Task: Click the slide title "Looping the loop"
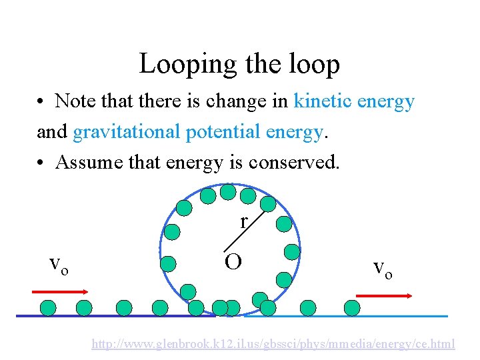click(x=239, y=64)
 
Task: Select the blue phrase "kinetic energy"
click(x=354, y=101)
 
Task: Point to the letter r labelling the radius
click(x=244, y=221)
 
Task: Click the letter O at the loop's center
click(x=233, y=262)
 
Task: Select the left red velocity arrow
click(x=61, y=291)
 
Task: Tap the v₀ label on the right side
click(x=382, y=268)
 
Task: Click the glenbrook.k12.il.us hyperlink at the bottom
click(x=273, y=344)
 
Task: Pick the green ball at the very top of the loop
click(x=228, y=192)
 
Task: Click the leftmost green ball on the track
click(x=49, y=307)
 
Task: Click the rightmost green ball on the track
click(x=351, y=307)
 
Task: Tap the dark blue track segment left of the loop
click(x=100, y=315)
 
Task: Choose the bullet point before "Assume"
click(x=41, y=163)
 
